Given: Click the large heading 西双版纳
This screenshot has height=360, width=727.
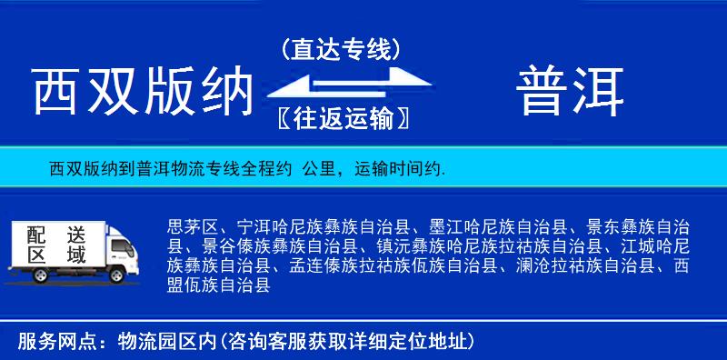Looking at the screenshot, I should pyautogui.click(x=141, y=92).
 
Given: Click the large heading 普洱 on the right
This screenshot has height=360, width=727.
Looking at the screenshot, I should pyautogui.click(x=571, y=92).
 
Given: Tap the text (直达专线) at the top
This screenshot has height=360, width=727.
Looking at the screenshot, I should pyautogui.click(x=341, y=49).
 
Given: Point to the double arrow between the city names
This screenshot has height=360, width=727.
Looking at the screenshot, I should pyautogui.click(x=341, y=85).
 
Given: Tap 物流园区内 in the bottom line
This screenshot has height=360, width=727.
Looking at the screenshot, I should pyautogui.click(x=164, y=342).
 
